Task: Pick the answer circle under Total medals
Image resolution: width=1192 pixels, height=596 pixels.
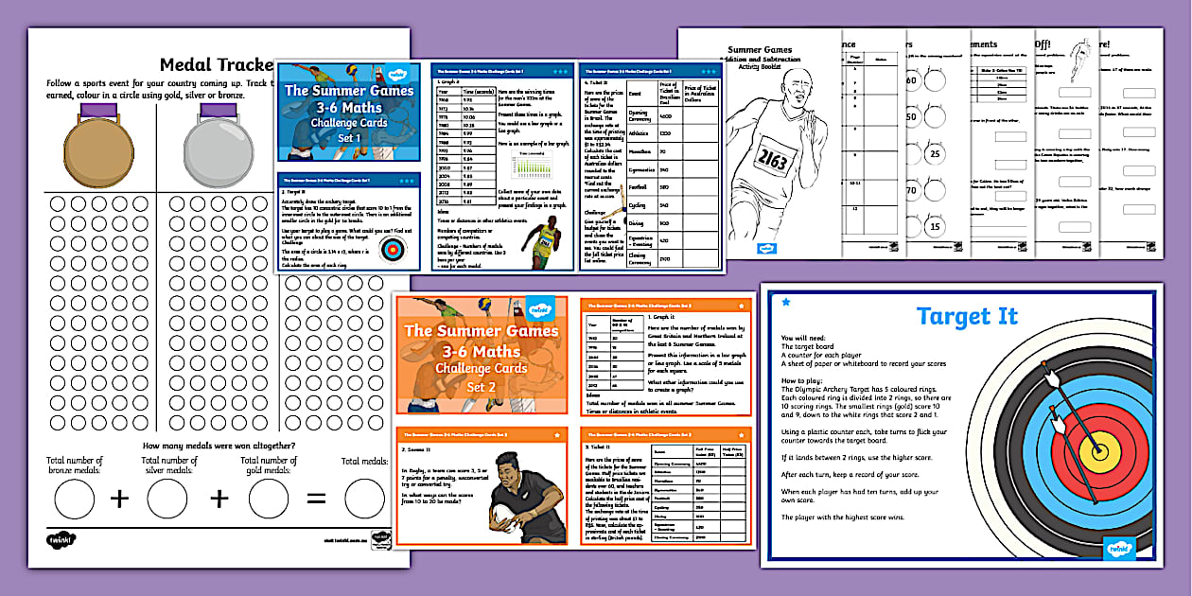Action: pos(364,499)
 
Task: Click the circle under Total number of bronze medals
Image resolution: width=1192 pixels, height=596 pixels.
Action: pos(75,499)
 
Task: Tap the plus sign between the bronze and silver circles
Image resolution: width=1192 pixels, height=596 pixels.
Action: pos(120,499)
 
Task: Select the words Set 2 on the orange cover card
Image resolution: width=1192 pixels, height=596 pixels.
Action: pos(481,387)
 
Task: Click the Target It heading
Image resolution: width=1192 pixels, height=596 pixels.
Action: pos(967,315)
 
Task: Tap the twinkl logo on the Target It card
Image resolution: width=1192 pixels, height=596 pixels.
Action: pos(1119,548)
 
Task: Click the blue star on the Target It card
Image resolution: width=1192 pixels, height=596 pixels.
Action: pos(785,302)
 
